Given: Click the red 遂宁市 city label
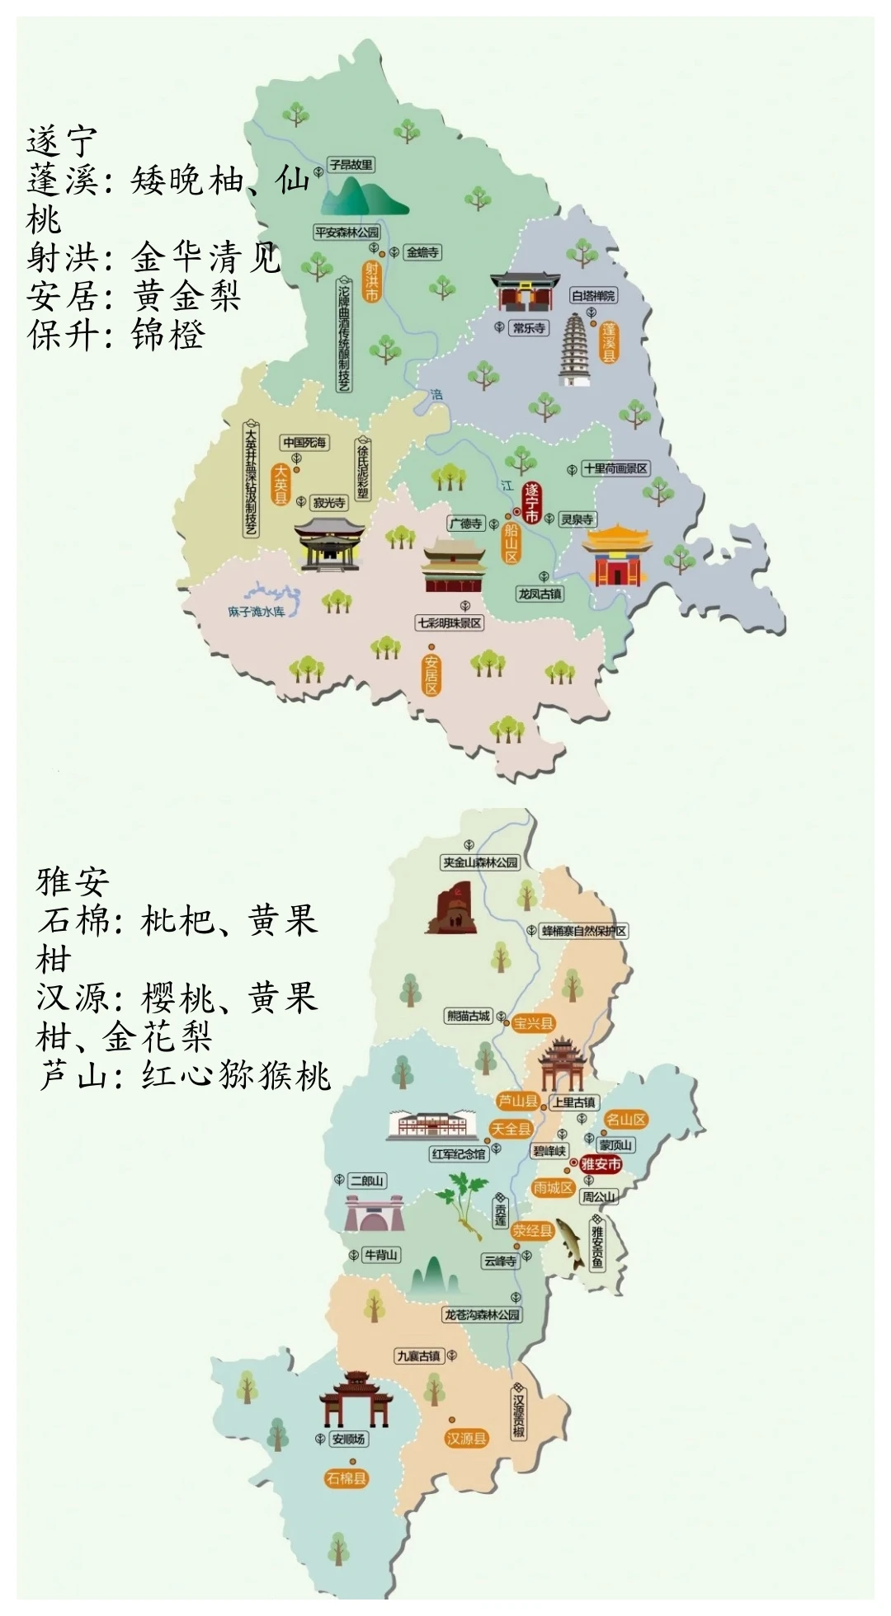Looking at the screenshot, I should [532, 503].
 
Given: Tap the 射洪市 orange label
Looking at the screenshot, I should [371, 280].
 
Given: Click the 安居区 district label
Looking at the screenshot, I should [431, 675].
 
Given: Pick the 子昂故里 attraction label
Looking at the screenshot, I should [351, 165].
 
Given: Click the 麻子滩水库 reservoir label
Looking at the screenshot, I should [256, 611].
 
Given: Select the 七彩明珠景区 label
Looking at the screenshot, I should [449, 623].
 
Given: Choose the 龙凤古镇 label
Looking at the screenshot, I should [540, 594].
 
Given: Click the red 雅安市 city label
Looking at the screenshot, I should [600, 1164].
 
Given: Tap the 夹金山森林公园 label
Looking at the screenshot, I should [480, 862].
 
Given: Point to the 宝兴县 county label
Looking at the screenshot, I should [533, 1023].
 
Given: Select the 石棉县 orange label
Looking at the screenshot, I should [346, 1478].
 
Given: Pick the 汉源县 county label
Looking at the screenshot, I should [467, 1438].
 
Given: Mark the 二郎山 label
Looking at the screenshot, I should [367, 1181].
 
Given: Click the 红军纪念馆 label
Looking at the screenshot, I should [458, 1154].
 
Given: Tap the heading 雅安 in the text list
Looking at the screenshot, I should [73, 881].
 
